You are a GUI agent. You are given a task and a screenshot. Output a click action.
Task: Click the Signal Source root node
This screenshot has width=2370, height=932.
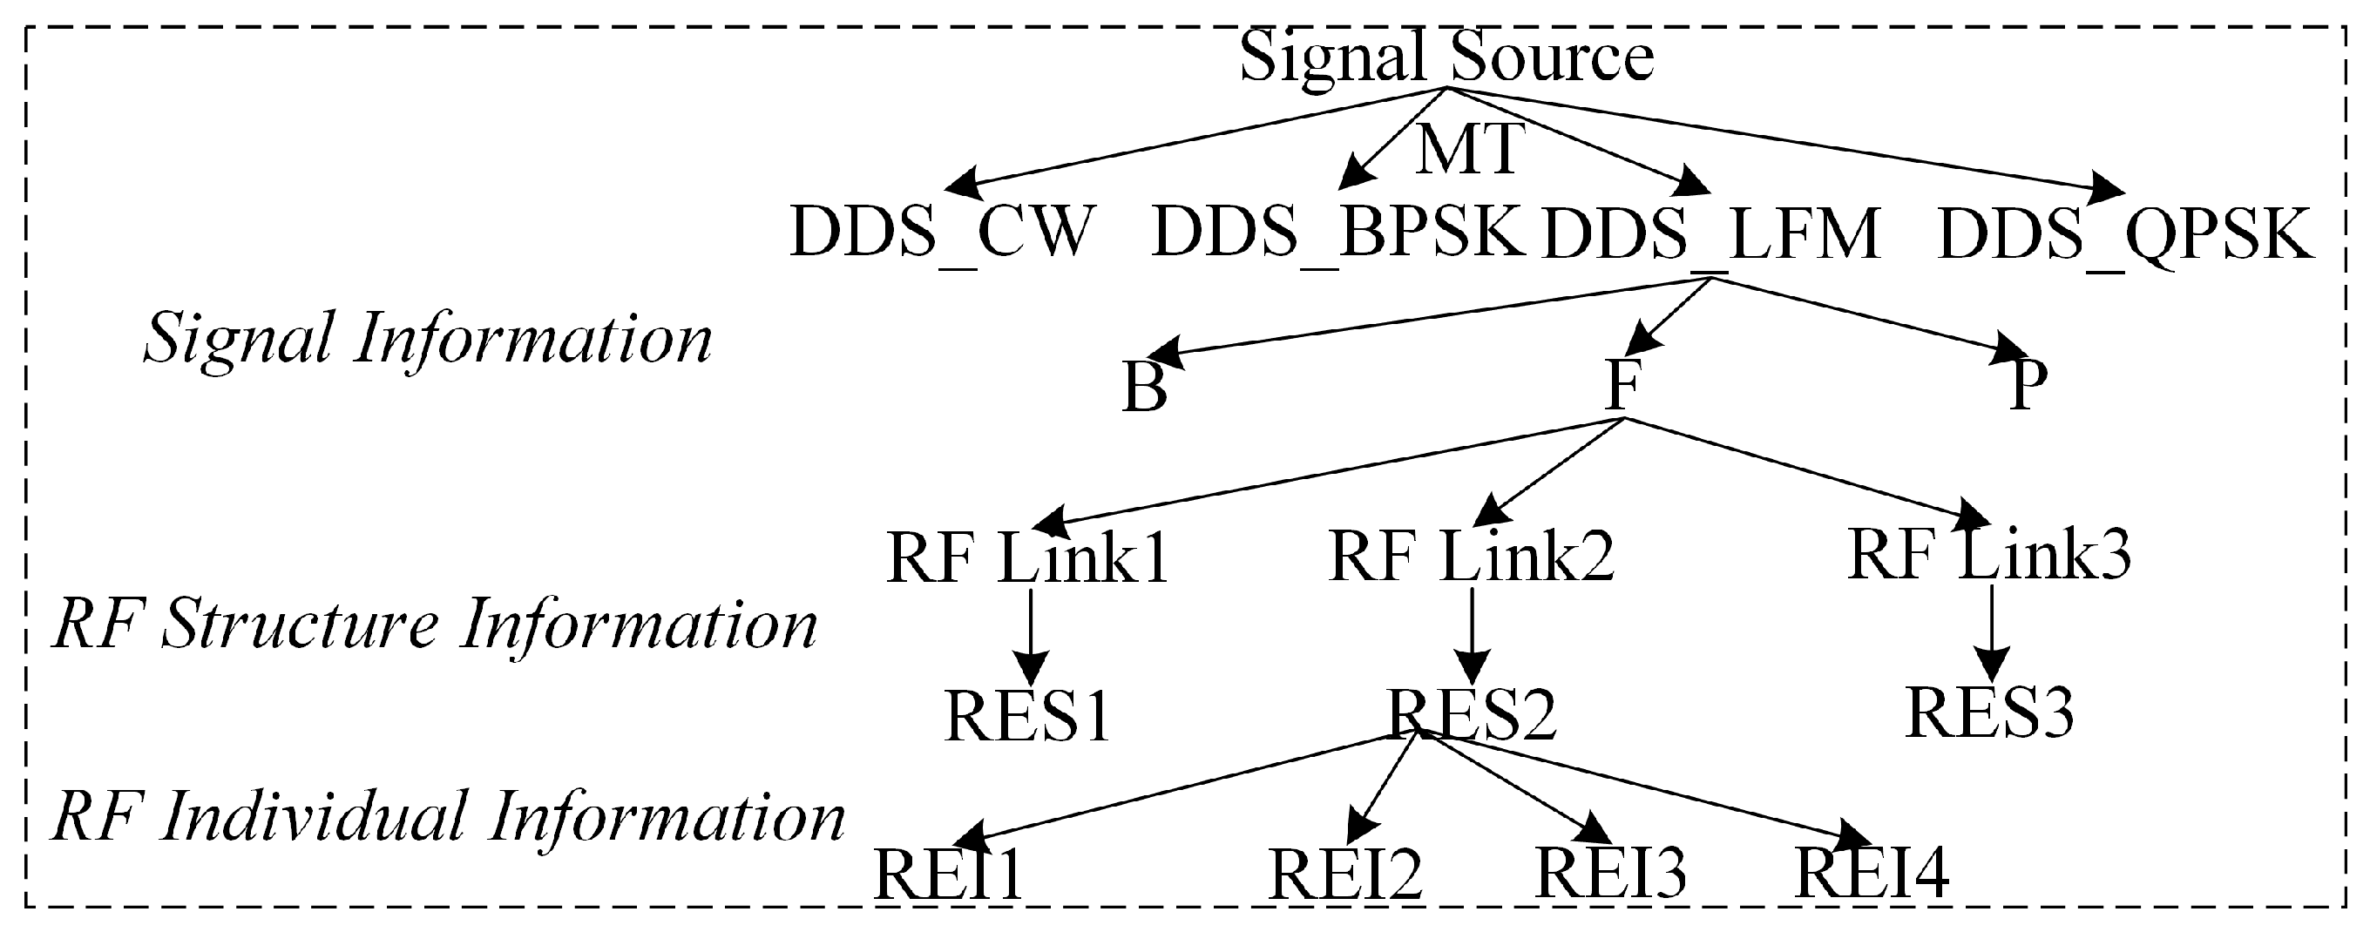[x=1446, y=57]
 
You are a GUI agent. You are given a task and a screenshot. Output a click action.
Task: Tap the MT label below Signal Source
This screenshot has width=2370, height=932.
[x=1469, y=150]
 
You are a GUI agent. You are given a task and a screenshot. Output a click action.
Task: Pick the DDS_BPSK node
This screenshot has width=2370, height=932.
[x=1337, y=233]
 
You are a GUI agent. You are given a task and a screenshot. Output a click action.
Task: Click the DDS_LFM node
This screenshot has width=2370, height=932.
[x=1710, y=234]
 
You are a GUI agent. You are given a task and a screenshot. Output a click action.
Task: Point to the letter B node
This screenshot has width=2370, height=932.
[x=1145, y=387]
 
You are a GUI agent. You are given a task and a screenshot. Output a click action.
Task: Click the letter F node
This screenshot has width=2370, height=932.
[x=1622, y=385]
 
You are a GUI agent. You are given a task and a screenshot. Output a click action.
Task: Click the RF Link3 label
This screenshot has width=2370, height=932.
[x=1989, y=555]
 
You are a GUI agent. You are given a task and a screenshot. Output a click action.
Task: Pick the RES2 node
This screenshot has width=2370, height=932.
[x=1471, y=714]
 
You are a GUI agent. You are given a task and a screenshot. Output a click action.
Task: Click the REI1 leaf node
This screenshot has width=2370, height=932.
[x=948, y=874]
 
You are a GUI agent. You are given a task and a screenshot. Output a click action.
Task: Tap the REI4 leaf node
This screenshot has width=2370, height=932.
[x=1872, y=872]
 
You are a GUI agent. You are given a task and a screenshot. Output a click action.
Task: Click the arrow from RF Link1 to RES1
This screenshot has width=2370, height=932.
[x=1031, y=635]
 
